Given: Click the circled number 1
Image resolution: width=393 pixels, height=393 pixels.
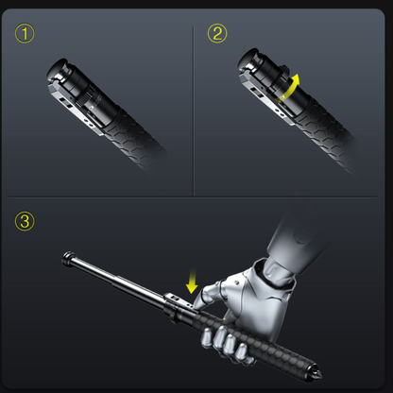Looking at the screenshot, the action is (x=25, y=33).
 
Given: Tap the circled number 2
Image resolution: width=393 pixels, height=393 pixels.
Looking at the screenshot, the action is (x=217, y=33).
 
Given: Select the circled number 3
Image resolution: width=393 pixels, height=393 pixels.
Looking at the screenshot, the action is (x=25, y=221).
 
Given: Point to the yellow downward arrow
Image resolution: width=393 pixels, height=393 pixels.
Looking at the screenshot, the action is (x=192, y=282).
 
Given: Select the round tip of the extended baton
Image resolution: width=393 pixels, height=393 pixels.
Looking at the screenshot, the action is (x=68, y=259).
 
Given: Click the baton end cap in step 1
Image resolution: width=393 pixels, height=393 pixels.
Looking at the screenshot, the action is (x=58, y=69).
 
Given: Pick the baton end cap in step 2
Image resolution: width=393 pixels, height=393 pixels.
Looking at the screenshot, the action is (x=248, y=59).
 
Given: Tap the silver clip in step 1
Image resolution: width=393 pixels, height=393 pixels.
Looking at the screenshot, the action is (x=75, y=106).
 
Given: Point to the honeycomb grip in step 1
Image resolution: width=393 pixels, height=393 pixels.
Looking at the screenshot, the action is (x=134, y=139).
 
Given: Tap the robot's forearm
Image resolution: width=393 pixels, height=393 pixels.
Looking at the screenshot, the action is (x=299, y=233).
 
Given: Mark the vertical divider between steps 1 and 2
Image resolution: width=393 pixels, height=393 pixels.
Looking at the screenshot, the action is (x=194, y=111).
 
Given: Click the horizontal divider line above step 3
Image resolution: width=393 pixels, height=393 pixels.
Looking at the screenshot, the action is (x=193, y=197).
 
